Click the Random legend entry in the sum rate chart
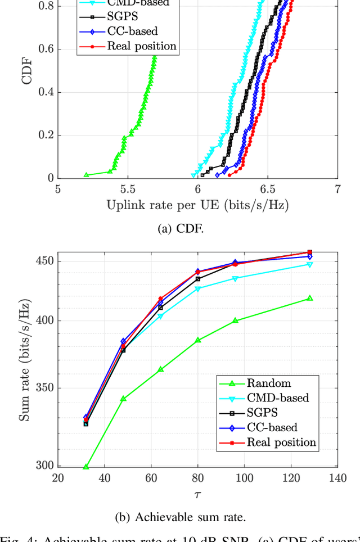269,383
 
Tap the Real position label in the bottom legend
281,442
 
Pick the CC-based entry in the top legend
132,31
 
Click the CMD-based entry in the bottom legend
277,398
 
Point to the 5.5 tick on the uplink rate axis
128,189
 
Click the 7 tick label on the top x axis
337,189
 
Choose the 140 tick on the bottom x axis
337,478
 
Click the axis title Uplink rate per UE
197,205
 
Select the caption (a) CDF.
197,229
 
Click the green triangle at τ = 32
86,467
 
